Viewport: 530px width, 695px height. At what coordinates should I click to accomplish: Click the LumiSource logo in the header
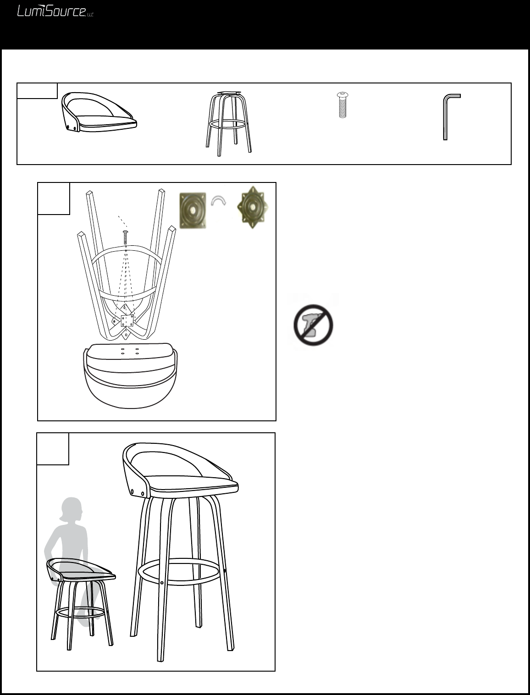pos(55,11)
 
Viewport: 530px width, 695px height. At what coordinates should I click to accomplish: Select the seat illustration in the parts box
pos(99,112)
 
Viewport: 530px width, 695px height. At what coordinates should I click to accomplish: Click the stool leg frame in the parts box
pos(229,124)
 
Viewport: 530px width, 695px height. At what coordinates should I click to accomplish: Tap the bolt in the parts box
pos(342,105)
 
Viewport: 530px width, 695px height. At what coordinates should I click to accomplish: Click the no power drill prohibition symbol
pos(313,325)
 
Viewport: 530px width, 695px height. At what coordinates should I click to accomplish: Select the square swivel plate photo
pos(193,210)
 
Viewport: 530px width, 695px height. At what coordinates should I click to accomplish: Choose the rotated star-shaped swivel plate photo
pos(252,207)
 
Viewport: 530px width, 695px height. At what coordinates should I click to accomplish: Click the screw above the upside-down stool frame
pos(125,237)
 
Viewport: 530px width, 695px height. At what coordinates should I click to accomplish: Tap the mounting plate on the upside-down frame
pos(127,321)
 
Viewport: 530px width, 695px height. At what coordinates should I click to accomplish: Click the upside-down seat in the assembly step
pos(130,376)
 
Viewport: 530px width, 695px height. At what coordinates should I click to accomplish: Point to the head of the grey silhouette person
pos(72,509)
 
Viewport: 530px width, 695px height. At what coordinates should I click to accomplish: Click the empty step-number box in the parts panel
pos(37,91)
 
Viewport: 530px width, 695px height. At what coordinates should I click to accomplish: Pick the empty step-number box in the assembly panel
pos(54,199)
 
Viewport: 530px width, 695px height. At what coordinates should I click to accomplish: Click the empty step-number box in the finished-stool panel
pos(53,449)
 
